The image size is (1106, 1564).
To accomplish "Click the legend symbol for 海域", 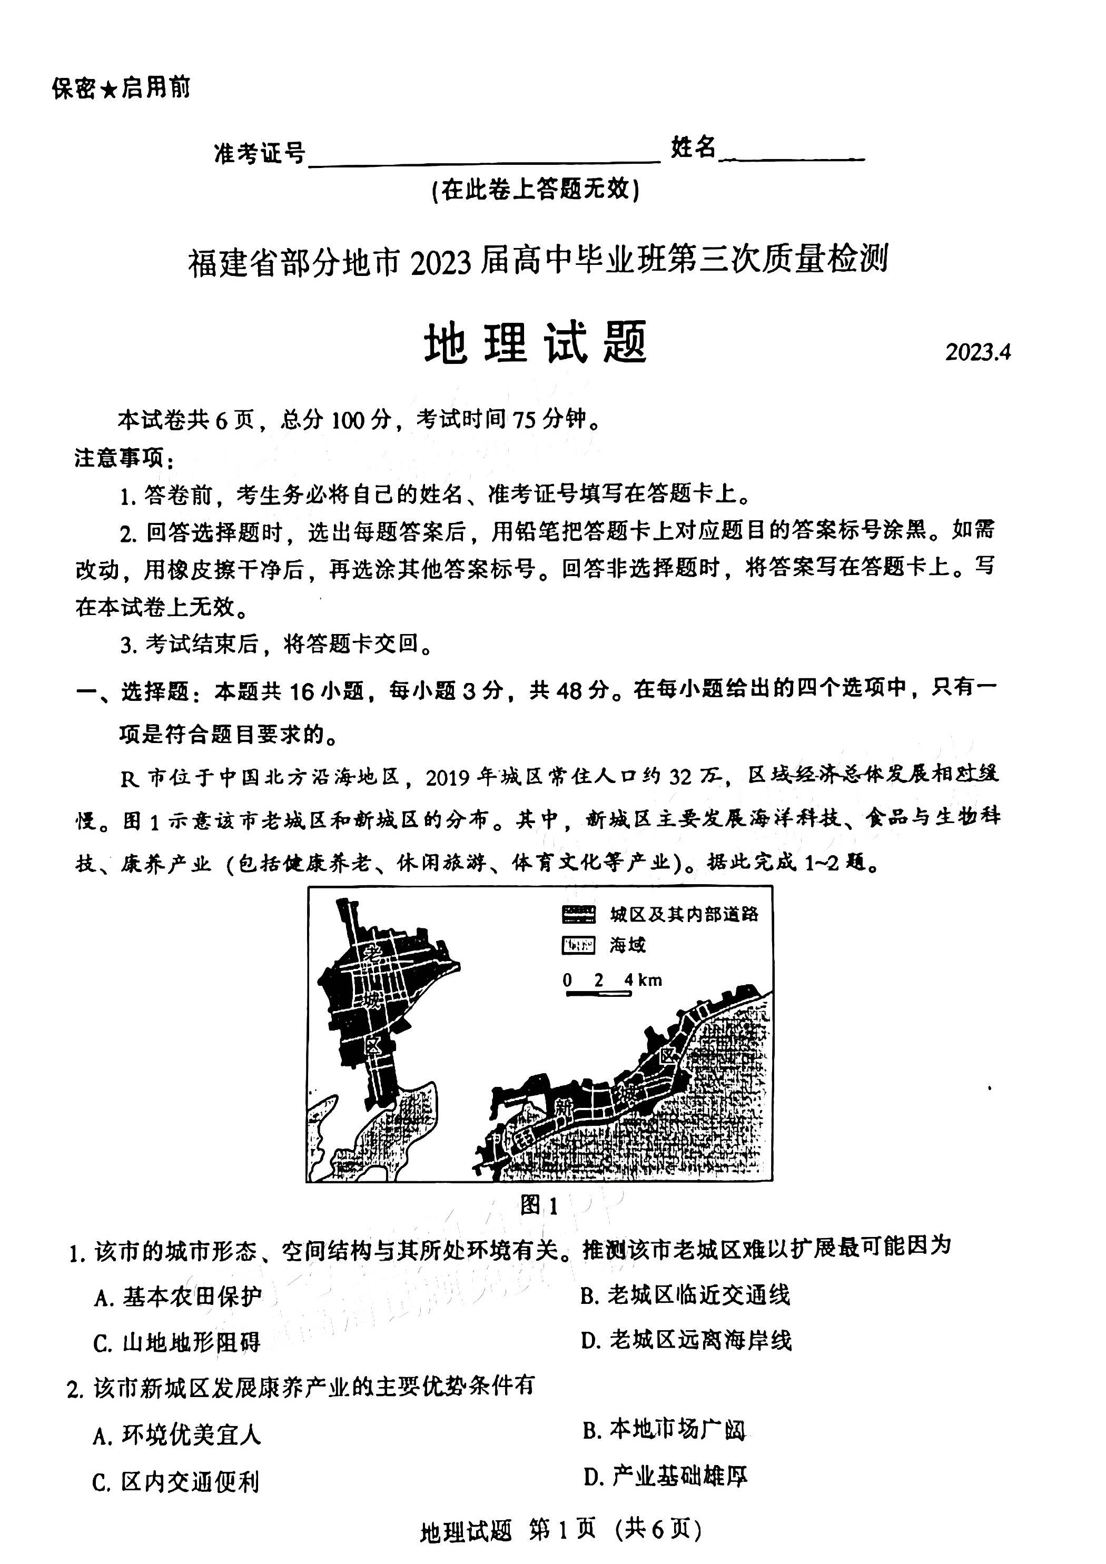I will point(578,945).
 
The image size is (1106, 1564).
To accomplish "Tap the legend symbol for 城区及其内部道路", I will point(578,914).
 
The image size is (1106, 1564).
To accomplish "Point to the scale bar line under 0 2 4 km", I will point(598,994).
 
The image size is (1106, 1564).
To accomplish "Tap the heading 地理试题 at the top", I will point(536,343).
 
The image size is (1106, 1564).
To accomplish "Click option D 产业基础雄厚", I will point(665,1476).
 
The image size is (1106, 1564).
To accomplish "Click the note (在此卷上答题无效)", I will point(536,190).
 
